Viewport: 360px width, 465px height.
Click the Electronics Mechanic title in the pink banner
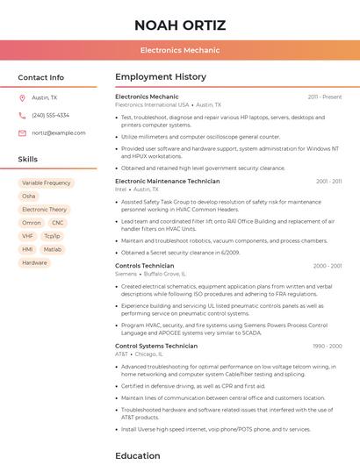click(179, 50)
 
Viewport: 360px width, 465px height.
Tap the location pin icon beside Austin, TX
click(22, 98)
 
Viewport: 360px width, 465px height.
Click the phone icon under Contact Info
click(22, 115)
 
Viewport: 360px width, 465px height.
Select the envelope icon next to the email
click(22, 132)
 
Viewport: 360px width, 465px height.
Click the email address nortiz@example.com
click(59, 132)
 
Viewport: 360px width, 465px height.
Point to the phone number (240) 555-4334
click(50, 115)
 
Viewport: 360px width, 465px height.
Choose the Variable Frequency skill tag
click(47, 183)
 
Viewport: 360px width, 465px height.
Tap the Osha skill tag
click(29, 197)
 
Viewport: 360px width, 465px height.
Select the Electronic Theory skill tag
click(44, 210)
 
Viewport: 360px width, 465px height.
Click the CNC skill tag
click(58, 223)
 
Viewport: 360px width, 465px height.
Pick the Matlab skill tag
click(53, 249)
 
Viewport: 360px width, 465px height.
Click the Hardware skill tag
click(34, 262)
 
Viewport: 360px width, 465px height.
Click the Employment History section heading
click(161, 77)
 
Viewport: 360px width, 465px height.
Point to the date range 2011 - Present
click(325, 97)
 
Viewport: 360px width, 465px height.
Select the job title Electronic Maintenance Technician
click(167, 181)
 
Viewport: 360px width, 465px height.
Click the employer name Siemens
click(126, 274)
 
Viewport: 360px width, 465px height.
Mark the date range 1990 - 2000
click(327, 346)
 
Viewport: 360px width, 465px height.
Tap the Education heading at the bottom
click(138, 456)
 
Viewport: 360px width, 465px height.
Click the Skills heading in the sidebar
click(28, 160)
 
